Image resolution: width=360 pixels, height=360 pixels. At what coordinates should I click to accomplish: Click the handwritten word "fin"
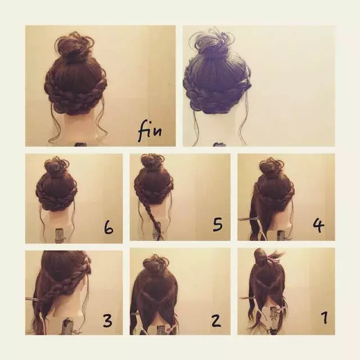coord(150,131)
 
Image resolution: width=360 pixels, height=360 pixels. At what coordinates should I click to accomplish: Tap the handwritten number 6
coord(109,227)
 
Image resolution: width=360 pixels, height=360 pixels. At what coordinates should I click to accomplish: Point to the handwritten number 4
coord(319,225)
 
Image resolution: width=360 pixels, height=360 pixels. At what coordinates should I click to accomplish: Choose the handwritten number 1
coord(325,317)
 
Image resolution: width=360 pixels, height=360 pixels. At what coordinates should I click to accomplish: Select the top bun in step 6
coord(55,166)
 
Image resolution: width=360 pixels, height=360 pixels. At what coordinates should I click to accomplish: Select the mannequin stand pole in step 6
coord(60,235)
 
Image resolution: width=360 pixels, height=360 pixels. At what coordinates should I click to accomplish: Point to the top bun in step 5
coord(152,164)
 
